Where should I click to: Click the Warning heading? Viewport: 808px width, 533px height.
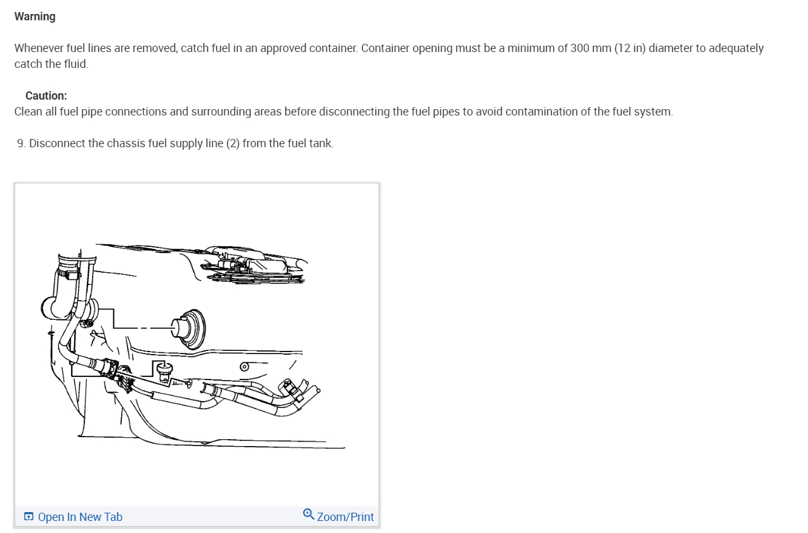(x=35, y=16)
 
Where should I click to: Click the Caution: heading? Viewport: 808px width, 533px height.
(x=46, y=96)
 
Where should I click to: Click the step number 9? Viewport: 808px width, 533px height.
(x=22, y=143)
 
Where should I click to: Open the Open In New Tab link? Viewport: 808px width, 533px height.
(x=80, y=517)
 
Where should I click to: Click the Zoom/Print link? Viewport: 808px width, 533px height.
(x=345, y=517)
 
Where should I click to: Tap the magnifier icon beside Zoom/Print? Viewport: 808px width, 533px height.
(x=308, y=514)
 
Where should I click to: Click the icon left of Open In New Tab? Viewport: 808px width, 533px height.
(x=29, y=517)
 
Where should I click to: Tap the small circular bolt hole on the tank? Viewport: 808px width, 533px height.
(x=244, y=367)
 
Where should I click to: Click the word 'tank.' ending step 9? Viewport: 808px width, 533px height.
(x=320, y=143)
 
